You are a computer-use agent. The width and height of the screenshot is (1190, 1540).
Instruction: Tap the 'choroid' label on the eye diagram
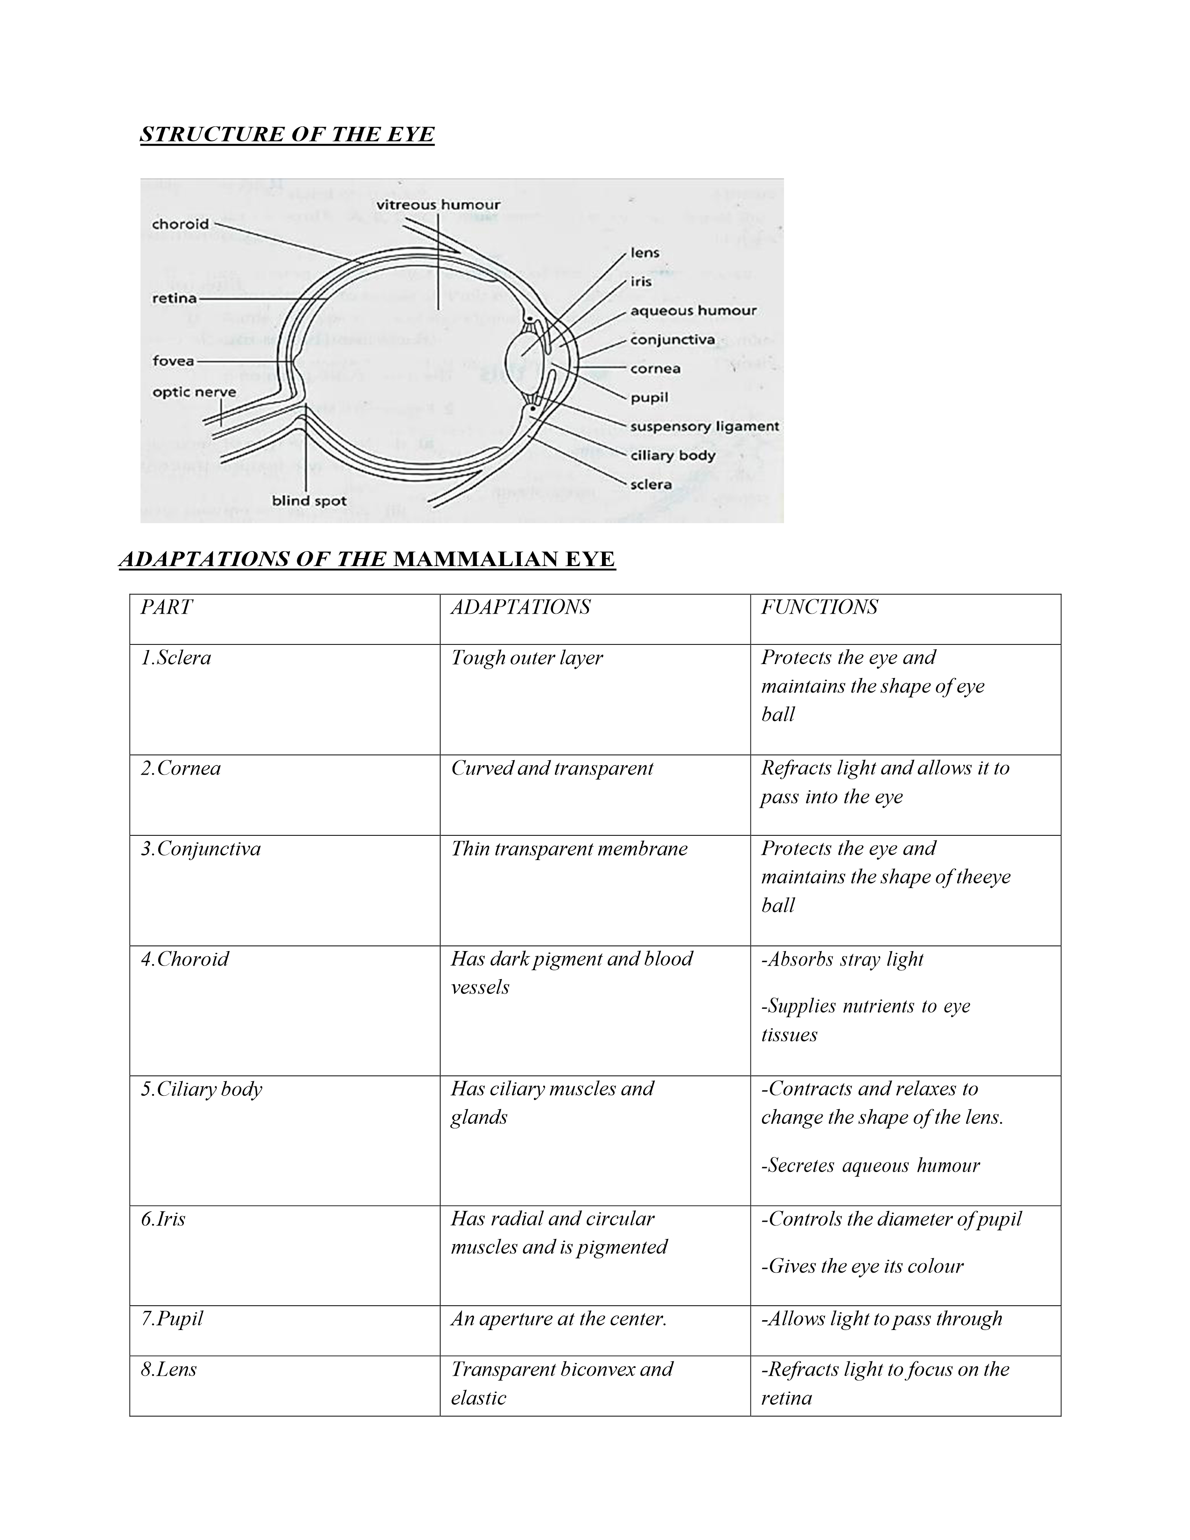pyautogui.click(x=181, y=224)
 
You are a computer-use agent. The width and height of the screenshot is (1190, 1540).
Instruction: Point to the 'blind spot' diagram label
pyautogui.click(x=309, y=501)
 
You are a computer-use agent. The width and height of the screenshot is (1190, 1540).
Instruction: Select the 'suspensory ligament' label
pyautogui.click(x=704, y=427)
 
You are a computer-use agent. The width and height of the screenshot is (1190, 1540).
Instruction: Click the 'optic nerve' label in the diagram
pyautogui.click(x=194, y=392)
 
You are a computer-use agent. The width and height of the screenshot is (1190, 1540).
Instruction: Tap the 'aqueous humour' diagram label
pyautogui.click(x=693, y=311)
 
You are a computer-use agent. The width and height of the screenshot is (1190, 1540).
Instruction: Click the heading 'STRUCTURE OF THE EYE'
pyautogui.click(x=287, y=134)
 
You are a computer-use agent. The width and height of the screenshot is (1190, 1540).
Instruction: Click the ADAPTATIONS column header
pyautogui.click(x=520, y=607)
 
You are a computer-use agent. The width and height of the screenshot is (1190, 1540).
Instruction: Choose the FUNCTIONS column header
pyautogui.click(x=819, y=607)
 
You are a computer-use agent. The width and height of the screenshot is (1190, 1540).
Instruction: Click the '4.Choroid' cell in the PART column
pyautogui.click(x=185, y=959)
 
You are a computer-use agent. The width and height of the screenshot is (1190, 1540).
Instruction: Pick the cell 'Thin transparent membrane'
pyautogui.click(x=569, y=848)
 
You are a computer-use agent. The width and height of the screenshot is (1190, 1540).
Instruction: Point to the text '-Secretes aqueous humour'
pyautogui.click(x=870, y=1166)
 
